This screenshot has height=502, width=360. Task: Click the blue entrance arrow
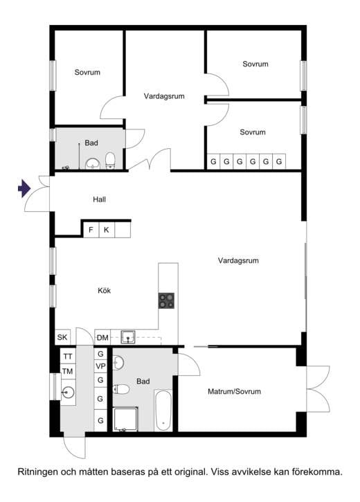pos(24,188)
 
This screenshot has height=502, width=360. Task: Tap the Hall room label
pos(99,199)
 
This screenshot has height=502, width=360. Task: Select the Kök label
pos(105,290)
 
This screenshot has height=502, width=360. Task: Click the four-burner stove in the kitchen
pos(166,301)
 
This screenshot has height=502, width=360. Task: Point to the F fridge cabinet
pos(91,230)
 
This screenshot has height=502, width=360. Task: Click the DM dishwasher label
pos(102,338)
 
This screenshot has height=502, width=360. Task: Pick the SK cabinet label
pos(62,337)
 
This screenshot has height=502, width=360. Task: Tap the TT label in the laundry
pos(68,357)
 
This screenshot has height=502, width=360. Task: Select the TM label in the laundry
pos(68,371)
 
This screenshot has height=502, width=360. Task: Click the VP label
pos(101,366)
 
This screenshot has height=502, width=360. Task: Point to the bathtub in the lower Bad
pos(163,410)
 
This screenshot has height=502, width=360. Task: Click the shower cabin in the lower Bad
pos(125,420)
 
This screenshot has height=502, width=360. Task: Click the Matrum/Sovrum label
pos(234,391)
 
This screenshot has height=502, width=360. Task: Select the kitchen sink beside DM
pos(128,337)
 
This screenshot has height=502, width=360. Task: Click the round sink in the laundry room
pos(68,392)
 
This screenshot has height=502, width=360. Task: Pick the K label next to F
pos(107,230)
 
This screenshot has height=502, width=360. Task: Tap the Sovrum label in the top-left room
pos(87,72)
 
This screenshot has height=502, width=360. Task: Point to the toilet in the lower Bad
pos(121,389)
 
